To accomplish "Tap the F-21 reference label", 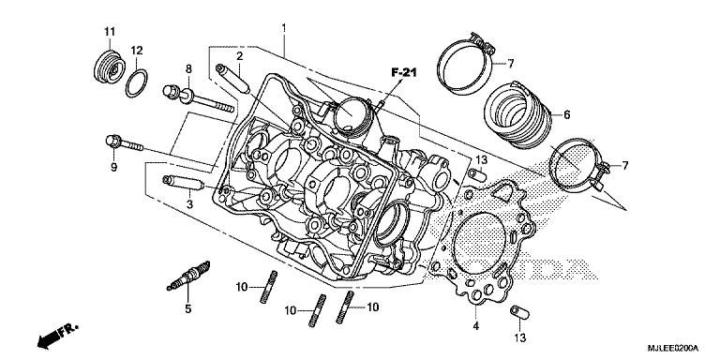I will (403, 72).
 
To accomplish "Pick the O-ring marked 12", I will (135, 82).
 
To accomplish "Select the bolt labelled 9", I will (121, 143).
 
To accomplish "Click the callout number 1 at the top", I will (283, 30).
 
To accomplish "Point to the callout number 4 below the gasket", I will (476, 325).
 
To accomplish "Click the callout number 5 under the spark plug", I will (187, 308).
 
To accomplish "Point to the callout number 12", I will (137, 50).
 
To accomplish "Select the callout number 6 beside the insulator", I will (567, 115).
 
